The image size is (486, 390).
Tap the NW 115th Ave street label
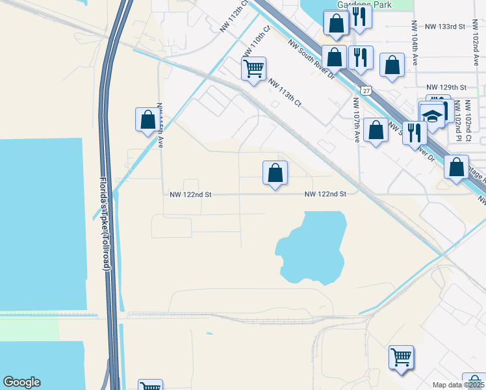160,125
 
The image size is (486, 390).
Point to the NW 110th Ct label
256,42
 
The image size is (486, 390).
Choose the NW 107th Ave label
357,120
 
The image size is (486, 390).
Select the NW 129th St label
446,87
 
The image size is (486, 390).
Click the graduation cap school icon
431,116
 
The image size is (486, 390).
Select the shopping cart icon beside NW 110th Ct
253,68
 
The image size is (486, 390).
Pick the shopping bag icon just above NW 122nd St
275,173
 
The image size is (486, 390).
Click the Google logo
21,382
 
